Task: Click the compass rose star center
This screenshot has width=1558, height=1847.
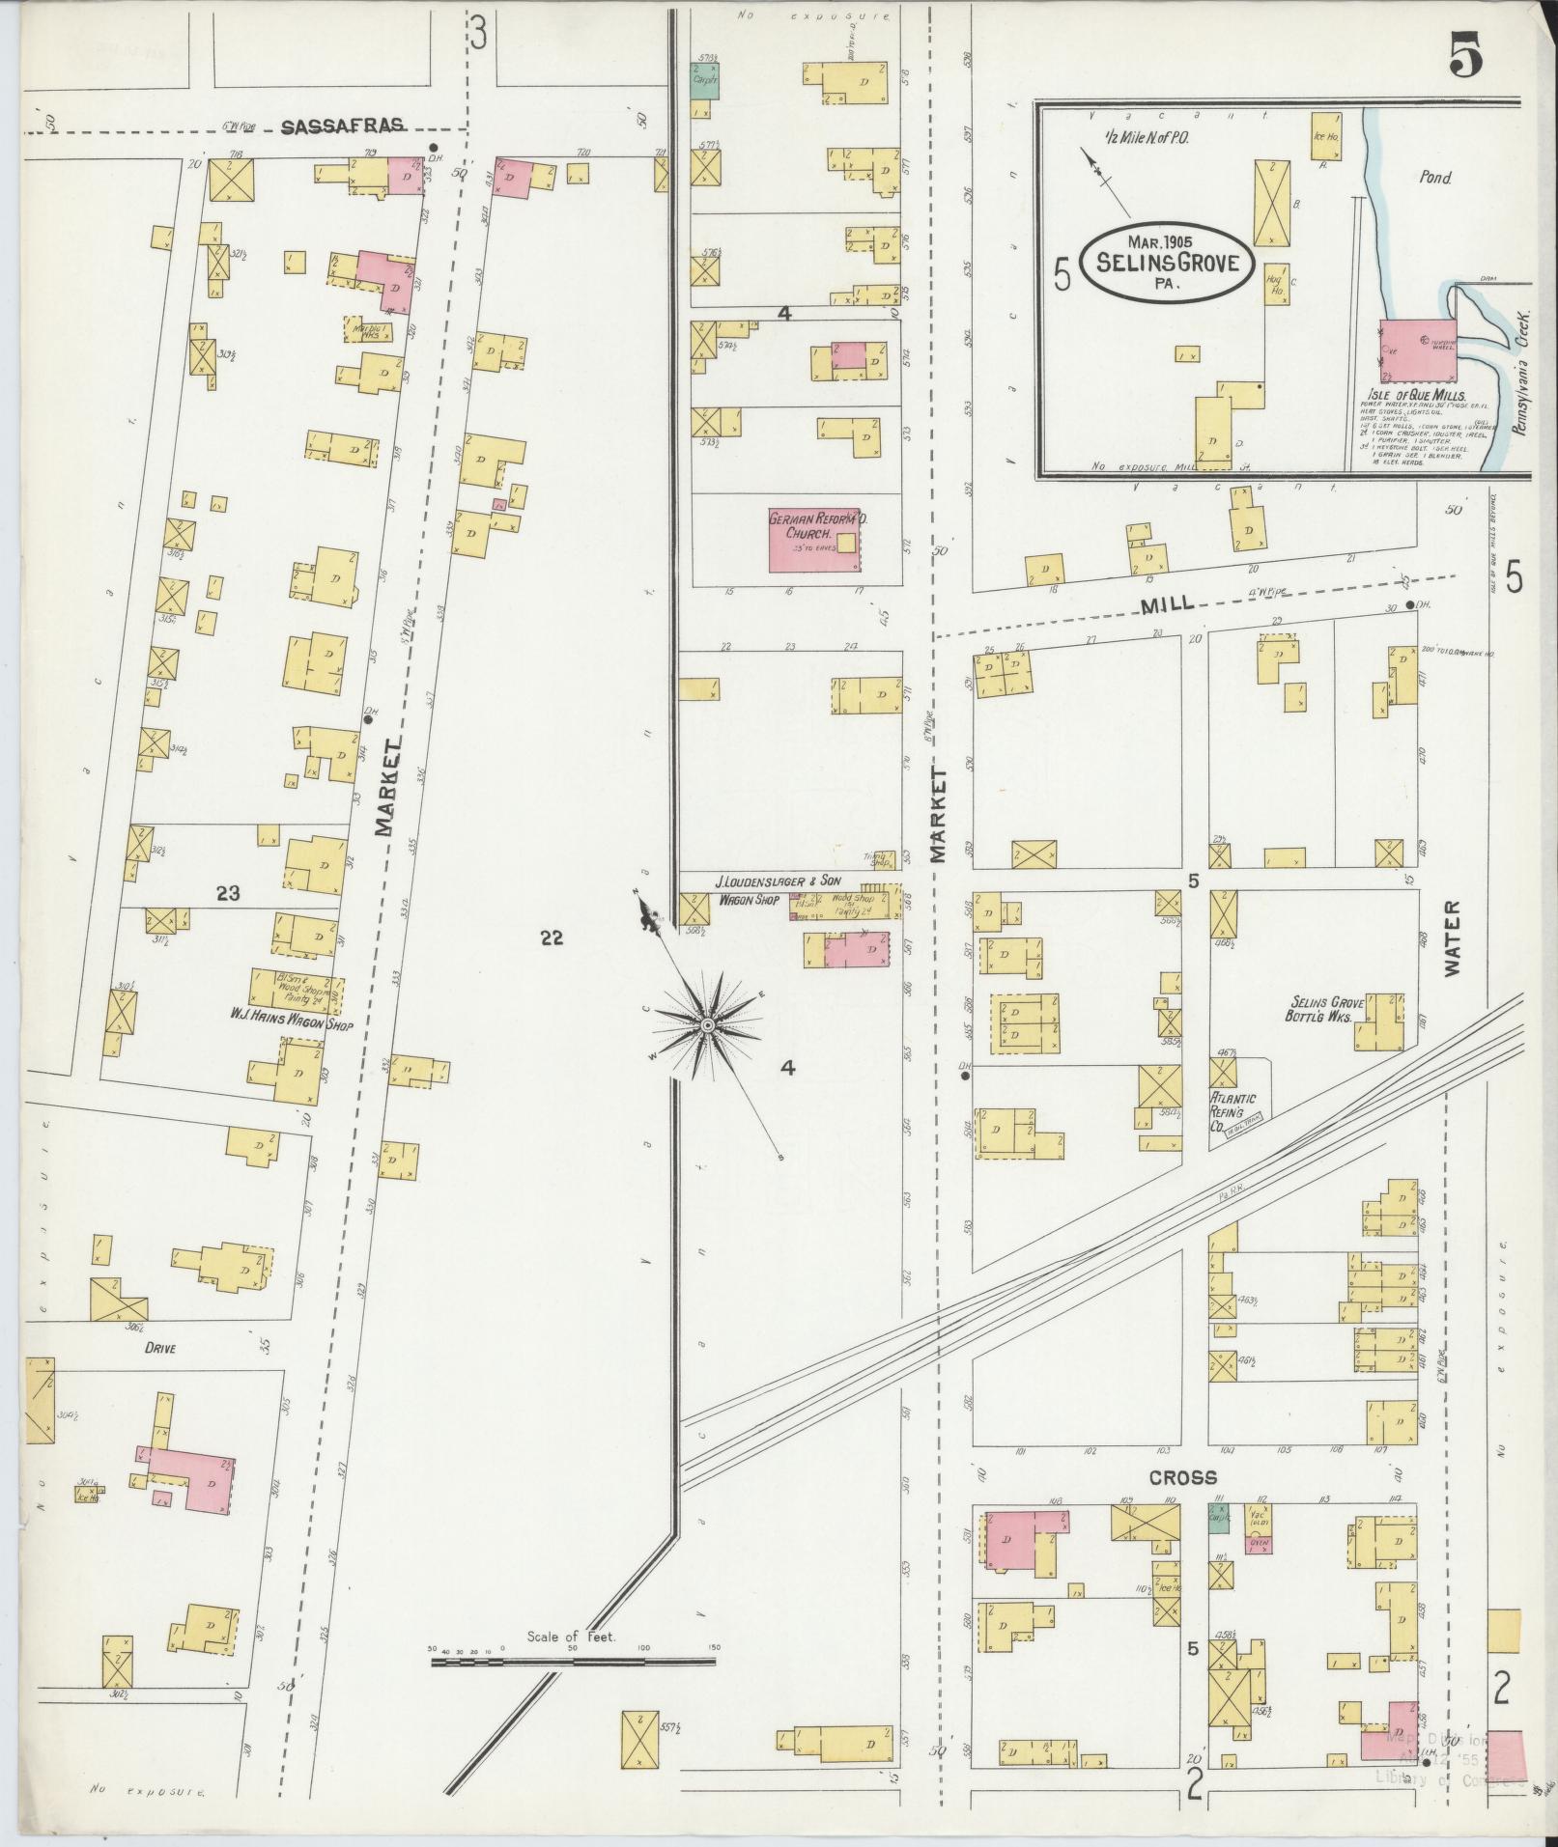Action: tap(708, 1023)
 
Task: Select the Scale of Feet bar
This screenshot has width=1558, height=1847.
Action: tap(574, 986)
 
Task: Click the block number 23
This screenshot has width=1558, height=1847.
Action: tap(228, 893)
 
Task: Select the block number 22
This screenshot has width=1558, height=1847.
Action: tap(551, 937)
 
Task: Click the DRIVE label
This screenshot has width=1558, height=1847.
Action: tap(160, 1349)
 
